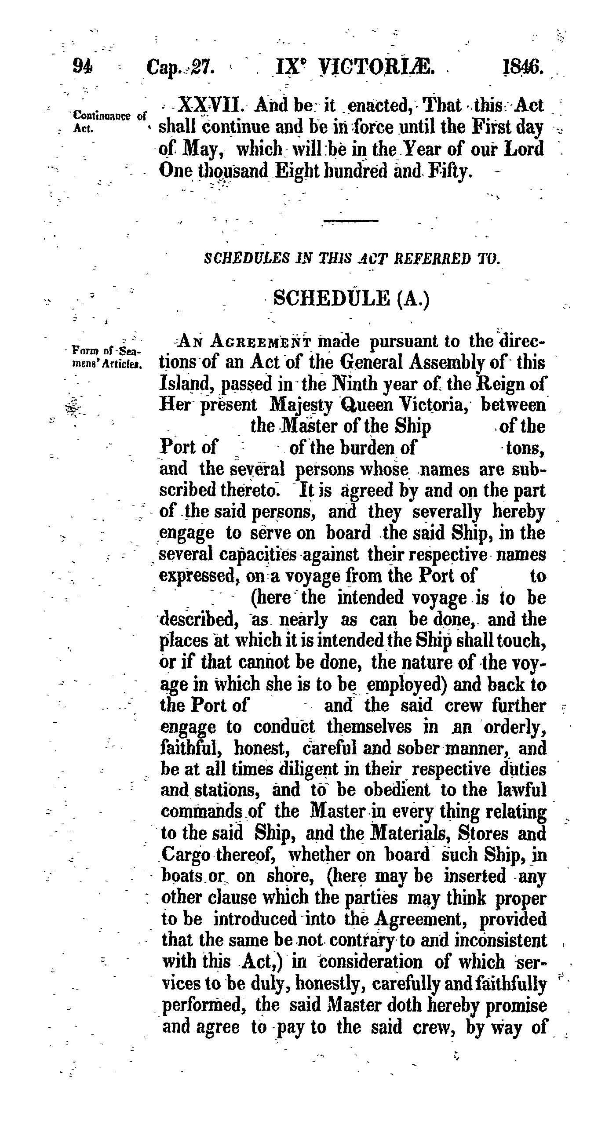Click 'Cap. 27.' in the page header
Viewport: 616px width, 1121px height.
coord(180,67)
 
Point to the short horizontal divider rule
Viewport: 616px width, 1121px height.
coord(350,220)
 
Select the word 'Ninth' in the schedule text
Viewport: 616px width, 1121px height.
coord(357,384)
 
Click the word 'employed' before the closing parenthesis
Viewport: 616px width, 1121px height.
coord(404,685)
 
